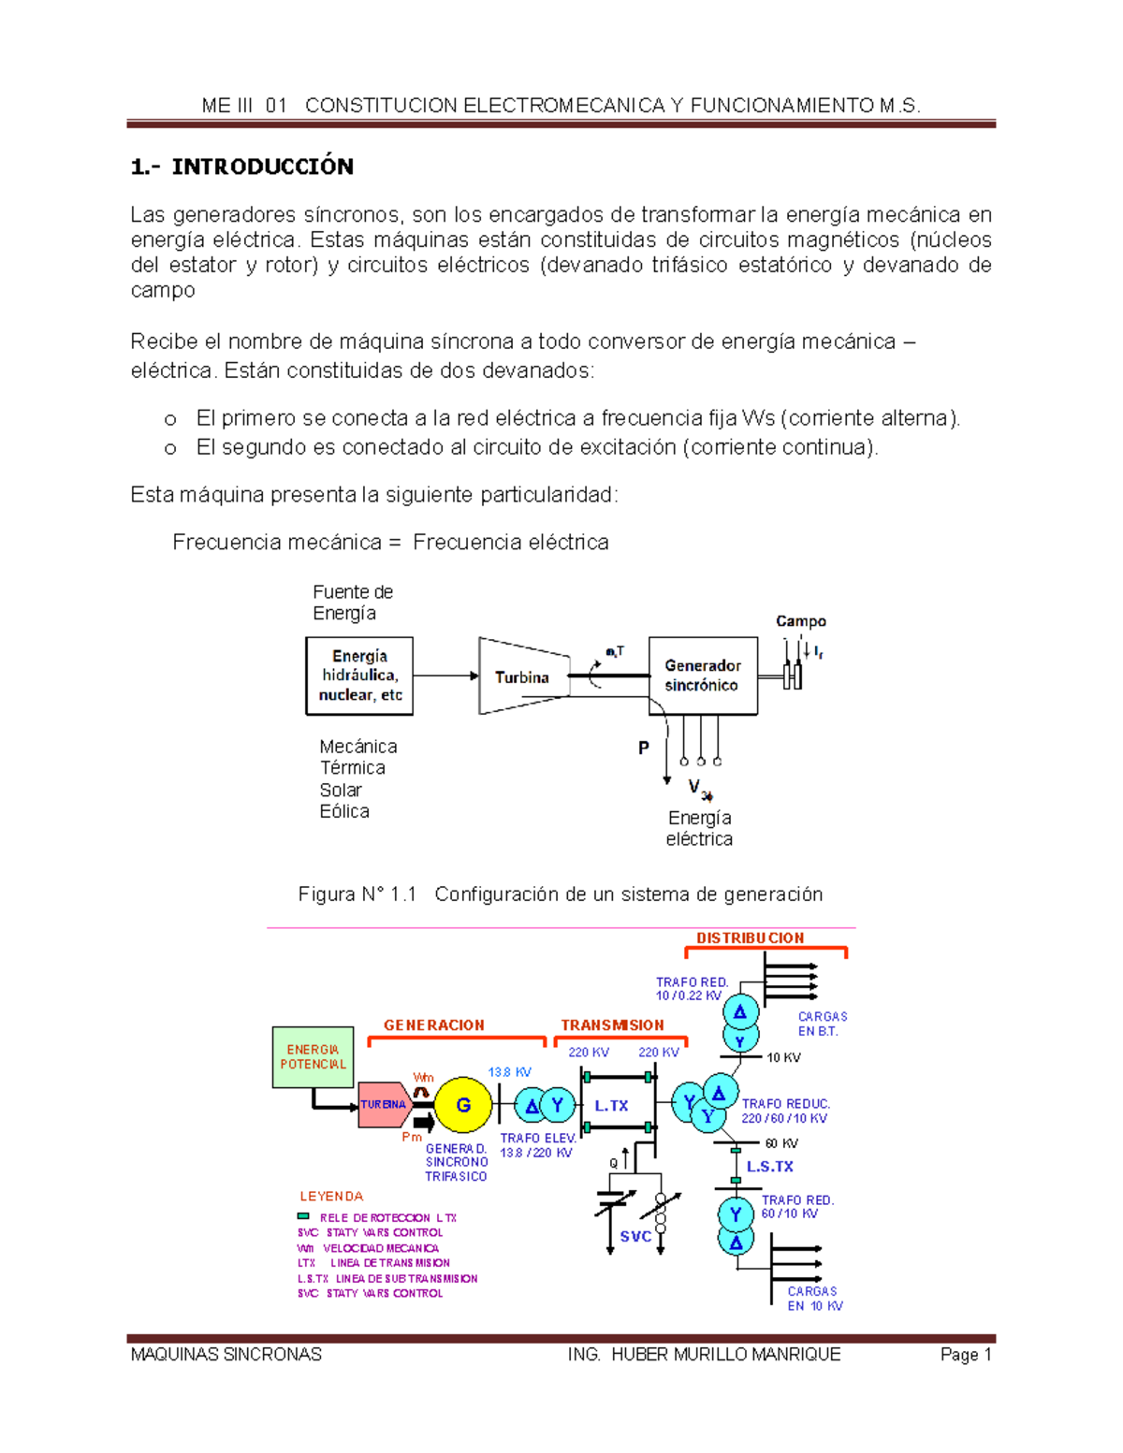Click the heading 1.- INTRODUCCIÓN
[x=242, y=167]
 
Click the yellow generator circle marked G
[x=463, y=1105]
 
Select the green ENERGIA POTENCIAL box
[x=313, y=1057]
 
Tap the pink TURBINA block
[x=384, y=1105]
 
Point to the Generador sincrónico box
[x=702, y=676]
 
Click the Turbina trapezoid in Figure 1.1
[x=522, y=676]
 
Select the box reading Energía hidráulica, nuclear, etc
[x=359, y=676]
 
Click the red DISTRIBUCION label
[x=750, y=937]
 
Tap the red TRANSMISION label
[x=612, y=1025]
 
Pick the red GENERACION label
[x=434, y=1025]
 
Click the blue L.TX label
[x=611, y=1106]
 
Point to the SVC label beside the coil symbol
[x=635, y=1236]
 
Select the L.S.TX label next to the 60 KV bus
[x=769, y=1167]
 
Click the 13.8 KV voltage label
[x=509, y=1072]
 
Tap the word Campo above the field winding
[x=800, y=621]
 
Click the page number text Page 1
[x=966, y=1354]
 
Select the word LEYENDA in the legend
[x=331, y=1197]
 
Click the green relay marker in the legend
[x=303, y=1216]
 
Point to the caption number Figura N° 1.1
[x=357, y=894]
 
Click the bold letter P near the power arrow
[x=644, y=748]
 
